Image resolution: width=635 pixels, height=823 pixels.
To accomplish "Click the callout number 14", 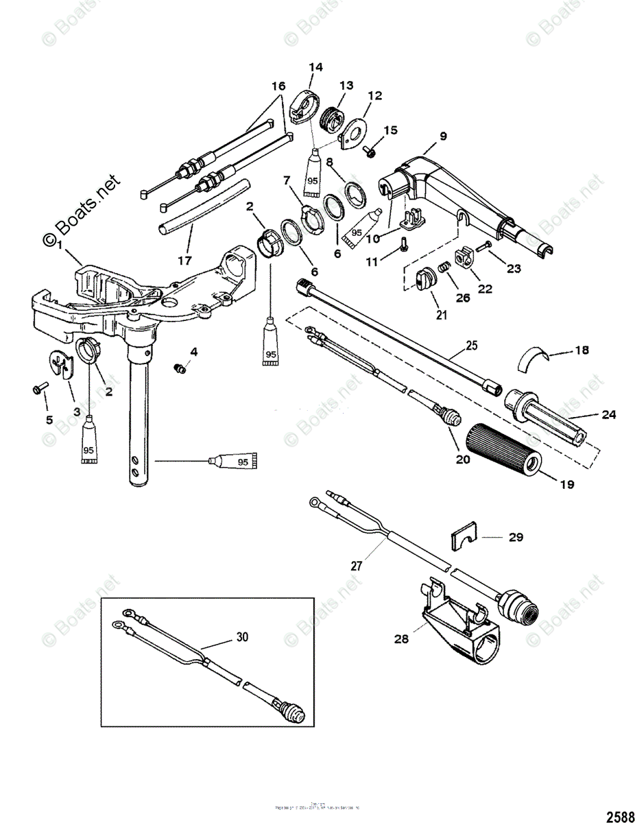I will (315, 67).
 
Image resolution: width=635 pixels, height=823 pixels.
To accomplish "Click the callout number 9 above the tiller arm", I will (443, 136).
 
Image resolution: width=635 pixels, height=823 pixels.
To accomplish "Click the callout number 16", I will (277, 86).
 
